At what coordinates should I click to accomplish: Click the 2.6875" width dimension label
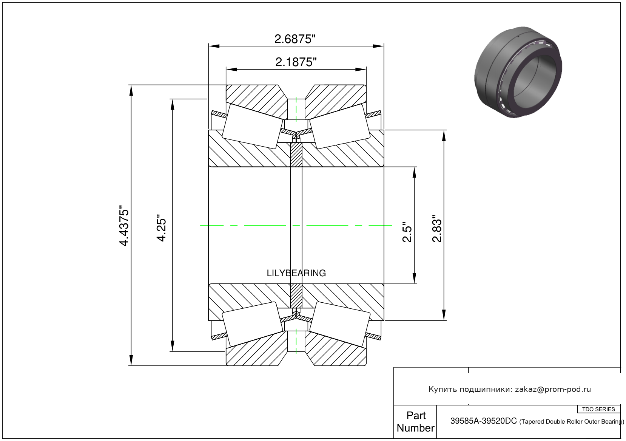tap(295, 39)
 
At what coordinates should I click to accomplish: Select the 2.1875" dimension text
tap(296, 62)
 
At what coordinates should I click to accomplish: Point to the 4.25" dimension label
tap(162, 229)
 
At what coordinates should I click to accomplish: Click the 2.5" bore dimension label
tap(407, 232)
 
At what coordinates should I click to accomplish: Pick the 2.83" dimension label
tap(437, 229)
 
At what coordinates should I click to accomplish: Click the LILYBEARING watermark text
tap(296, 273)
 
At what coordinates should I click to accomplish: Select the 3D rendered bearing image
tap(518, 72)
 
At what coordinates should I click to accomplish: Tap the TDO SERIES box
tap(598, 409)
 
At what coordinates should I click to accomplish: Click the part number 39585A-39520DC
tap(483, 421)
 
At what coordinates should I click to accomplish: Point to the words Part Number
tap(415, 422)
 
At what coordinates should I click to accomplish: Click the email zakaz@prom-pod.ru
tap(553, 389)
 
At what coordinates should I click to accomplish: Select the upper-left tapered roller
tap(252, 126)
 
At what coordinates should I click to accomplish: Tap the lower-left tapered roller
tap(252, 324)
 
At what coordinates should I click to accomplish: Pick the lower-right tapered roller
tap(339, 324)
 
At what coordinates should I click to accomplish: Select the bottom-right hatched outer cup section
tap(336, 353)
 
